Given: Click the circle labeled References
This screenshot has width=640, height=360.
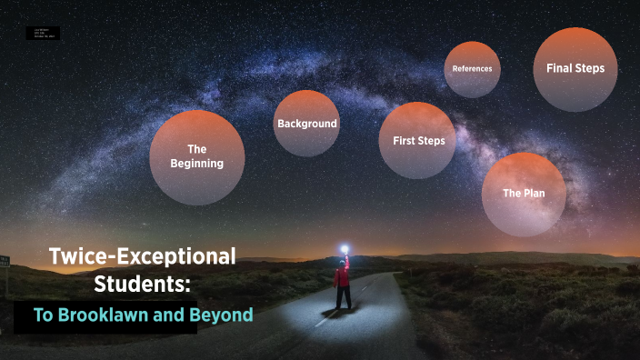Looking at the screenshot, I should [472, 69].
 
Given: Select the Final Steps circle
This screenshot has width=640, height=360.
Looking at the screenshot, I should [575, 69].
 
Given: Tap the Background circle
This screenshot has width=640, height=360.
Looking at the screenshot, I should [307, 124].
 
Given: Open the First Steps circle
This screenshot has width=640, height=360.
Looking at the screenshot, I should [417, 141].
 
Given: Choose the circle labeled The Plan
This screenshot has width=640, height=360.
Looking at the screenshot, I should [523, 194].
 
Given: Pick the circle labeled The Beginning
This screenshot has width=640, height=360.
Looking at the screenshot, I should [196, 156].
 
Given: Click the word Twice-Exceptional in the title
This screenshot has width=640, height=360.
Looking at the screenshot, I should [142, 256].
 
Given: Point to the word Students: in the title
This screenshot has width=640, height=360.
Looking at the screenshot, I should [143, 285].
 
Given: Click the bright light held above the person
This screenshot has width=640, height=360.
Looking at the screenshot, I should [345, 246].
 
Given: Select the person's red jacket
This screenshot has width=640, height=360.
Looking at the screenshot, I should [342, 275].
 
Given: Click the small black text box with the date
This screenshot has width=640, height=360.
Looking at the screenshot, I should [45, 33].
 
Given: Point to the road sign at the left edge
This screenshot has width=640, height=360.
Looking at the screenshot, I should [5, 262].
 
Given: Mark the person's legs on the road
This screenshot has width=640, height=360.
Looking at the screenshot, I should [342, 296].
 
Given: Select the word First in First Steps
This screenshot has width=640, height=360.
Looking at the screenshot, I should [404, 141].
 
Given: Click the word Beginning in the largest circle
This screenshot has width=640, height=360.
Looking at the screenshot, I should [196, 164].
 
